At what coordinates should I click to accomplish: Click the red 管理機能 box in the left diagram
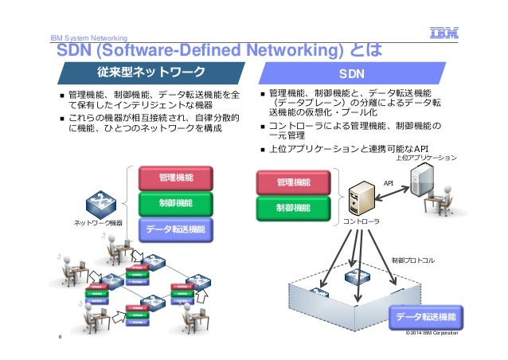point(175,177)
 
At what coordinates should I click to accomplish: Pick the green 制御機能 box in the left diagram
point(175,203)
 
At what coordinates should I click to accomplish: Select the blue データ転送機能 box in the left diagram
point(175,229)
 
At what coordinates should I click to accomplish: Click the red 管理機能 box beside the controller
point(293,183)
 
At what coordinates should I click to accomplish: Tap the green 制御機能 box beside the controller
point(293,209)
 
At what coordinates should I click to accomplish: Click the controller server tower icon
point(361,198)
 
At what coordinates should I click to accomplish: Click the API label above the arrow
point(389,182)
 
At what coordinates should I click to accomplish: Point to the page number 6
point(59,337)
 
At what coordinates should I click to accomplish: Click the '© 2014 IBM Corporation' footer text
point(432,333)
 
